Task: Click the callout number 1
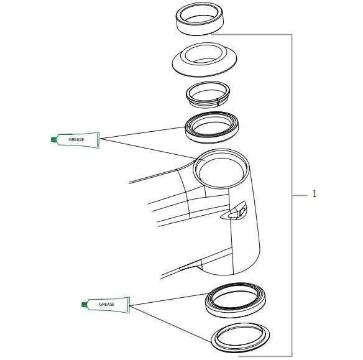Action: (314, 195)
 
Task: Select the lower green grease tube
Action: (107, 304)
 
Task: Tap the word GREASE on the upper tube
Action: (76, 140)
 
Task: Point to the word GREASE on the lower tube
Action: (107, 304)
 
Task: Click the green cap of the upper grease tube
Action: (53, 140)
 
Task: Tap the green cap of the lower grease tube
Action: (84, 304)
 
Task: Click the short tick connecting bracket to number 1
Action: (300, 195)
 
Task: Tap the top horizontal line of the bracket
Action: (261, 34)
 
